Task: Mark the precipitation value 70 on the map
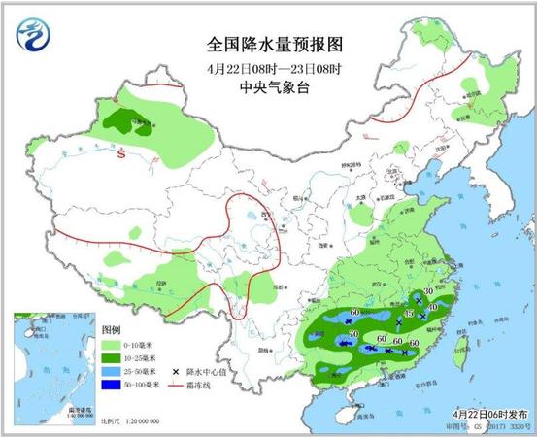coord(353,334)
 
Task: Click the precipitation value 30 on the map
coord(427,291)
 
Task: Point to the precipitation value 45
coord(409,314)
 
